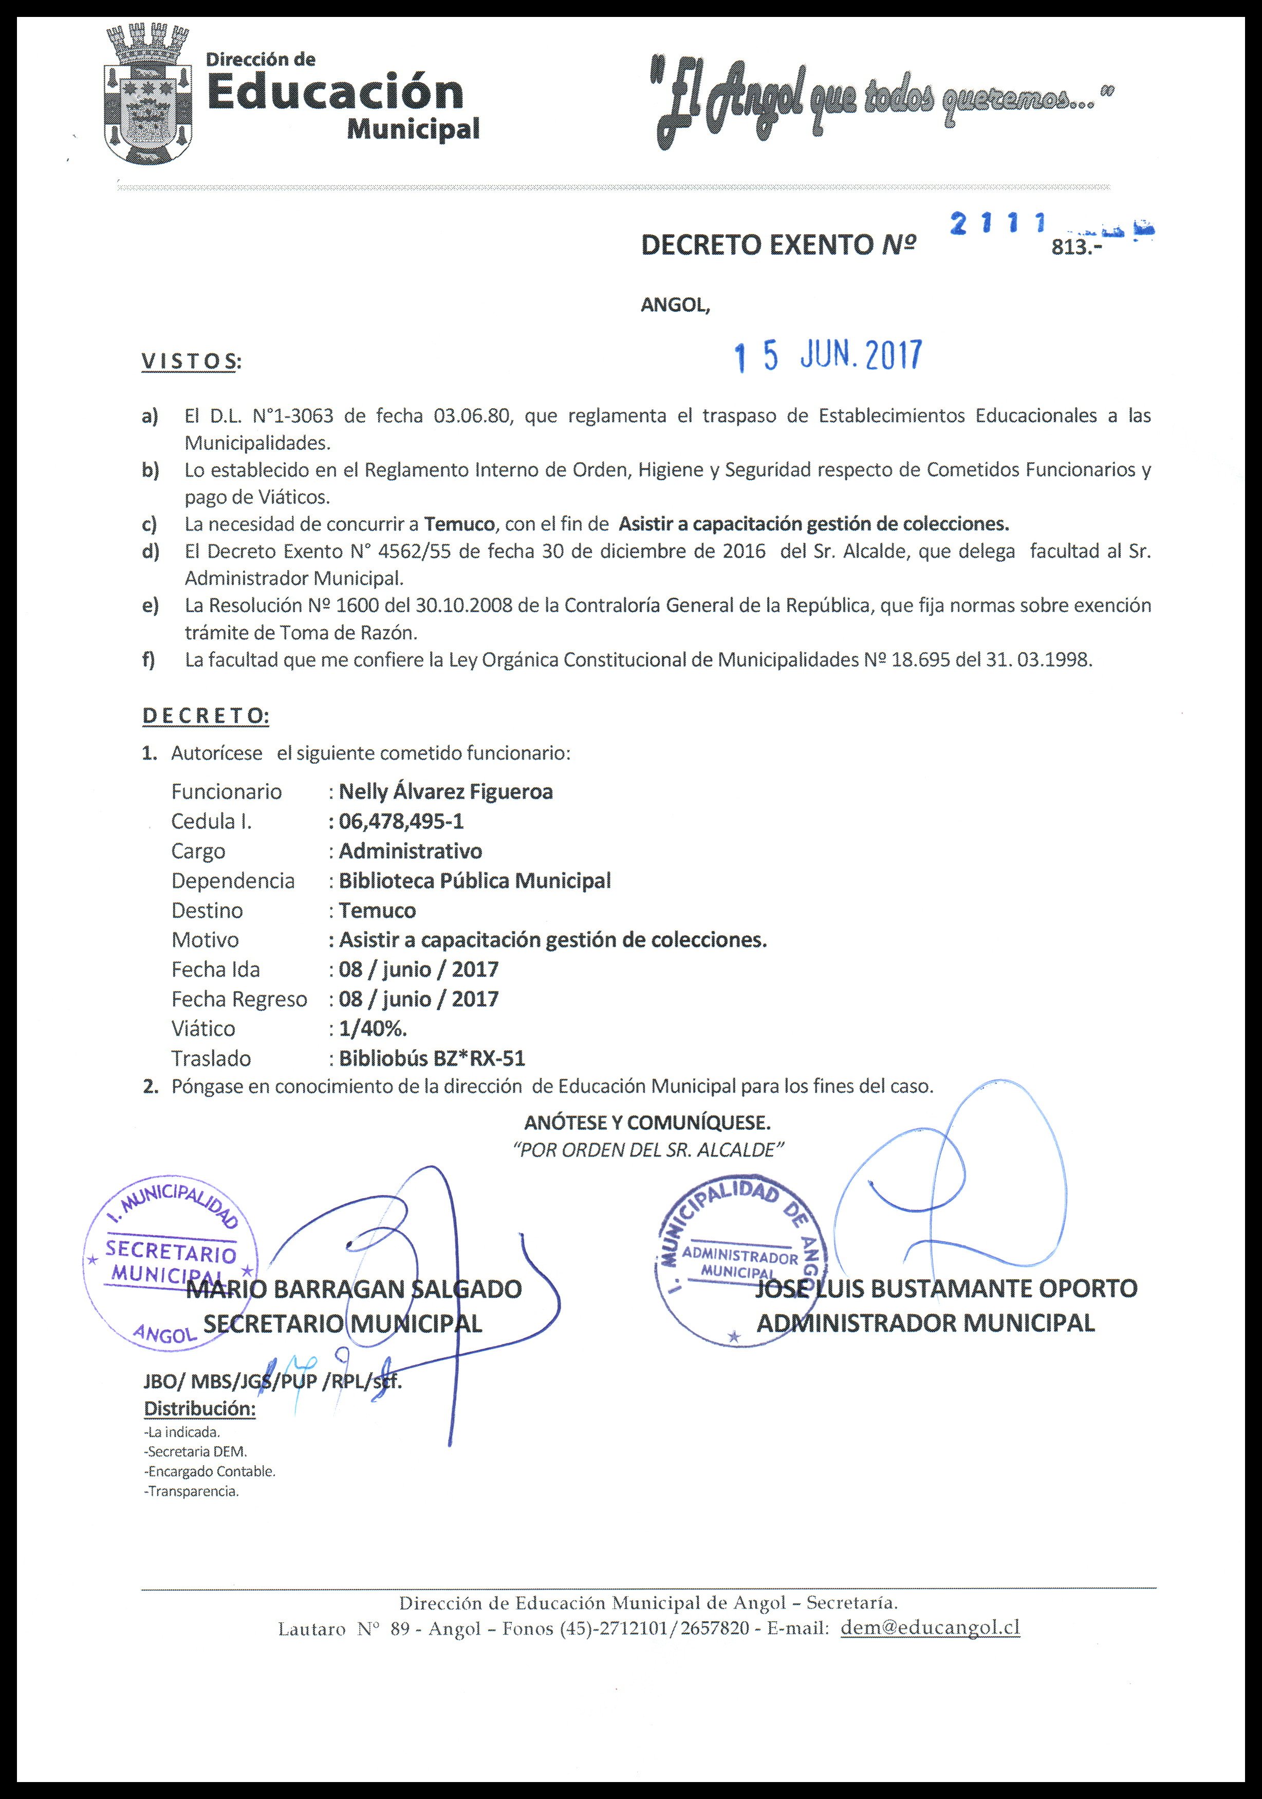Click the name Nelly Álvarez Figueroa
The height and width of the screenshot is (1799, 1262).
coord(445,791)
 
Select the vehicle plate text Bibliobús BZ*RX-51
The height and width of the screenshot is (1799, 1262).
coord(431,1058)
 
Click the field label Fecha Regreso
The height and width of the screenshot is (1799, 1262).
coord(239,999)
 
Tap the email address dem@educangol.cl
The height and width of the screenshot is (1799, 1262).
coord(930,1627)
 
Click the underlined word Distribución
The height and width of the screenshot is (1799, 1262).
coord(200,1408)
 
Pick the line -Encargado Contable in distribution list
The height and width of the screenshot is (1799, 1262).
coord(209,1471)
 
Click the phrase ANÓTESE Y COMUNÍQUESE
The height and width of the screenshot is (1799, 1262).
coord(647,1122)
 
